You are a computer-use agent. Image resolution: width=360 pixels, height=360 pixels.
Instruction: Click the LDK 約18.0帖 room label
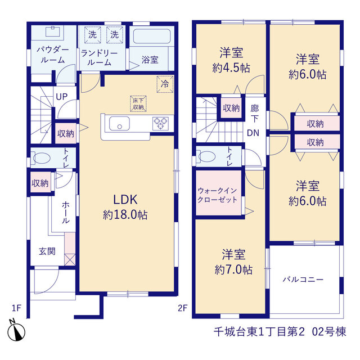125,207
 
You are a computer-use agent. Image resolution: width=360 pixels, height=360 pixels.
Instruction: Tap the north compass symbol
16,331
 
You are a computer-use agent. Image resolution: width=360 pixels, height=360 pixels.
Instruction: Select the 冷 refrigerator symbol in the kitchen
165,84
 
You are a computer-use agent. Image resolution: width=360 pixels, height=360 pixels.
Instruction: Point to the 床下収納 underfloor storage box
138,103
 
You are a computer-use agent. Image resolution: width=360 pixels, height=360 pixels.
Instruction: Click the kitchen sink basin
119,124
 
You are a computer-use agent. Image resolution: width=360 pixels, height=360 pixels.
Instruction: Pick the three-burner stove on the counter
160,123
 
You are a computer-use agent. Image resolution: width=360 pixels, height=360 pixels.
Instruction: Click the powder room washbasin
53,31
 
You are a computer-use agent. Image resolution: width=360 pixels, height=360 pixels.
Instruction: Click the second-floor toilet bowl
206,156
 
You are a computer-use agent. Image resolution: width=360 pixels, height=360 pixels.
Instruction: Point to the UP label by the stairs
61,97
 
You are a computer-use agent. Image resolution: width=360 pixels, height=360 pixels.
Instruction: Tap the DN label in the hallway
253,133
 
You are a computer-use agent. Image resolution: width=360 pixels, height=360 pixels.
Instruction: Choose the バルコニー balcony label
303,280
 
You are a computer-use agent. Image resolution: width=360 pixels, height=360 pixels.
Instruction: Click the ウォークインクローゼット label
217,195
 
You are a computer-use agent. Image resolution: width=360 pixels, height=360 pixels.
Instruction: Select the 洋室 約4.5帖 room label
231,60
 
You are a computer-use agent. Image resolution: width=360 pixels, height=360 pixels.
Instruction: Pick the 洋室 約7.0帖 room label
233,262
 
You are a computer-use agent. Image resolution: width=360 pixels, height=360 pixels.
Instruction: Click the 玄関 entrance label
47,251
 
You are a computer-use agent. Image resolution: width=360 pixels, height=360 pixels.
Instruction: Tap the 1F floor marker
16,308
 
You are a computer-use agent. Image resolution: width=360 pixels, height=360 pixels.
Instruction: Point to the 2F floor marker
183,308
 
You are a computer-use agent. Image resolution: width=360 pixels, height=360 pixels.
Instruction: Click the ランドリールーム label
99,58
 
